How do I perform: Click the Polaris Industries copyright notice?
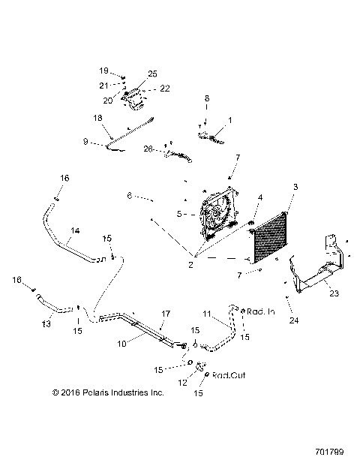108,392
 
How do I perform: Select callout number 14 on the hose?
75,232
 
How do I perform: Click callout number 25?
152,73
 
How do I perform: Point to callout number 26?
148,149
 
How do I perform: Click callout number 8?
208,98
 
